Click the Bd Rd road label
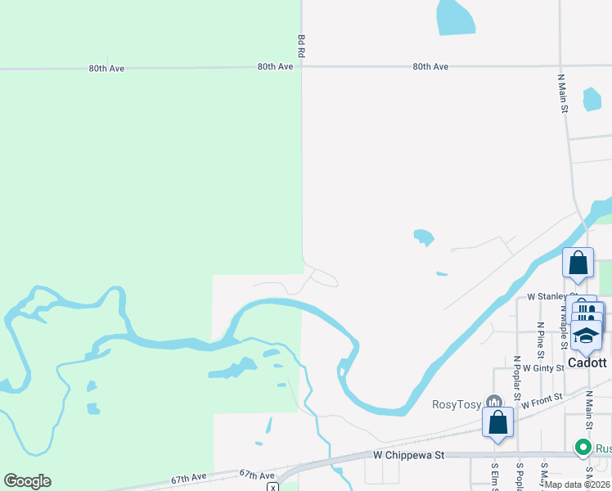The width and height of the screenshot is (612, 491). (x=301, y=46)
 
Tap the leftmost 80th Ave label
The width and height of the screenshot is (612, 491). (x=106, y=69)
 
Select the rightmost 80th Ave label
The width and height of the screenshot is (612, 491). (x=430, y=66)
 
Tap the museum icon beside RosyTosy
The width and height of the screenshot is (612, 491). (x=493, y=403)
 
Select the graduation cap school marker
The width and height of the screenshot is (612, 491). (x=587, y=336)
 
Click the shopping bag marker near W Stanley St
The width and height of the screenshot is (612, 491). (x=578, y=264)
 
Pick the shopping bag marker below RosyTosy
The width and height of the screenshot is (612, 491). (x=497, y=423)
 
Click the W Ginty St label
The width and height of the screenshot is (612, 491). (x=543, y=368)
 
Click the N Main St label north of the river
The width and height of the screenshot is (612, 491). (x=563, y=97)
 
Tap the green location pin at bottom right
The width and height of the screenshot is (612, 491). (x=583, y=447)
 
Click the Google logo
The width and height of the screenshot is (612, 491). (x=27, y=481)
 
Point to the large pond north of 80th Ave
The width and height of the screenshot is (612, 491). (x=455, y=16)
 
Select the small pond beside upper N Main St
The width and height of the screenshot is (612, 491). (x=592, y=99)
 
